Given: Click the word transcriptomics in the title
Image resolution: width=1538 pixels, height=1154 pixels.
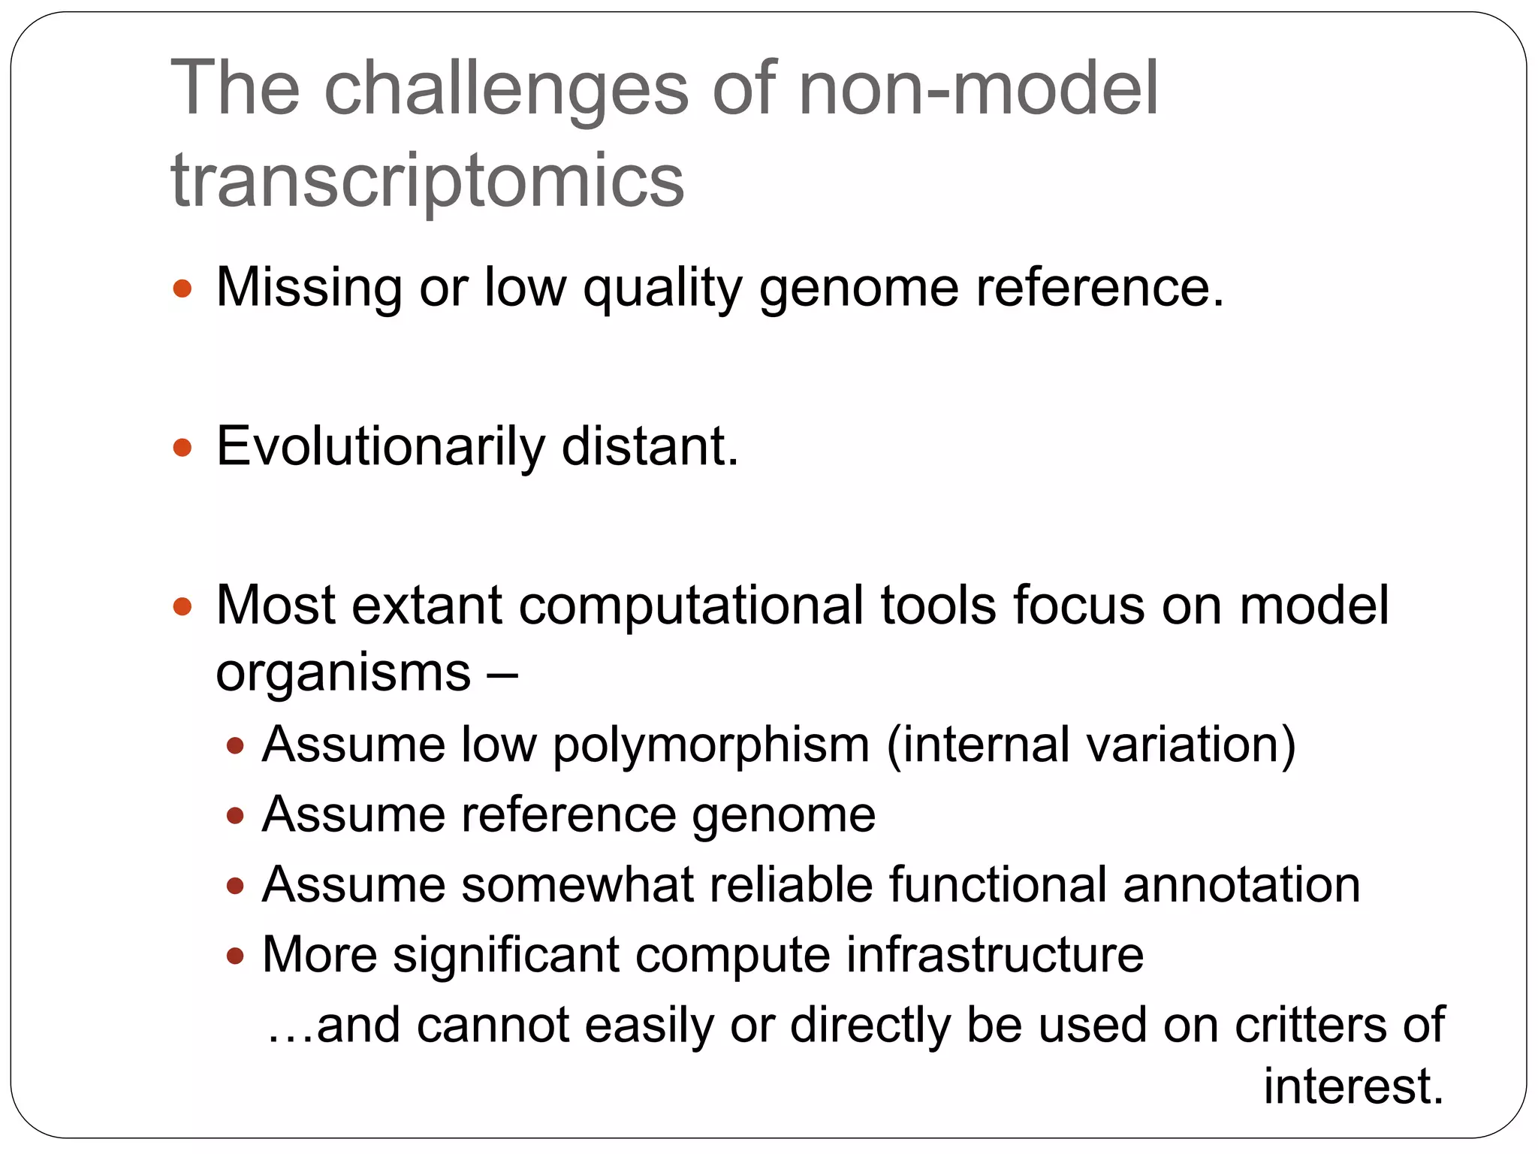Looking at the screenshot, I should tap(427, 181).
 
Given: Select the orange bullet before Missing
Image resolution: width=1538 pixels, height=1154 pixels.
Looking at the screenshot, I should tap(182, 289).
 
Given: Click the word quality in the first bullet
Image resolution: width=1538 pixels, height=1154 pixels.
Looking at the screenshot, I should tap(662, 289).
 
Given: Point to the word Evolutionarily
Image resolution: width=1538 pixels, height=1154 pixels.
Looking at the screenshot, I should tap(380, 448).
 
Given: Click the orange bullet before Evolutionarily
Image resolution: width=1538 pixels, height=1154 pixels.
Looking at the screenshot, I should tap(182, 449).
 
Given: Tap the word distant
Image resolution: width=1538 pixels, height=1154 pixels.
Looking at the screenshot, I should tap(650, 447).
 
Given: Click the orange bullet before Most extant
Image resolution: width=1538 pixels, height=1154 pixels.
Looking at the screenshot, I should tap(182, 606).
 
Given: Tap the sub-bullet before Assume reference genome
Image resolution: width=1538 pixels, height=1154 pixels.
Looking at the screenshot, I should tap(236, 816).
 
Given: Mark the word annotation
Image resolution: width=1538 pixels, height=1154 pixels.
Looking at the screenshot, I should tap(1241, 884).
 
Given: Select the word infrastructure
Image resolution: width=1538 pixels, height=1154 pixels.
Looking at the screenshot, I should tap(995, 955).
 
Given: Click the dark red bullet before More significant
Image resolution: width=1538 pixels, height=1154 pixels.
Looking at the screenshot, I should tap(236, 956).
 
